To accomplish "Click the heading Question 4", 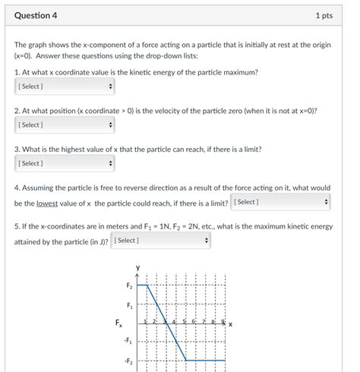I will point(36,15).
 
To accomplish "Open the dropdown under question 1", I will point(65,87).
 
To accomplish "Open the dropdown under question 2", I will point(65,125).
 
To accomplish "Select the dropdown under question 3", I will point(65,163).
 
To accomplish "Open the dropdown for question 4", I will point(281,202).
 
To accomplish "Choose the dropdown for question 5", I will point(160,241).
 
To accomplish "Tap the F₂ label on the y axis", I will point(129,286).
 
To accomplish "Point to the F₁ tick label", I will point(129,305).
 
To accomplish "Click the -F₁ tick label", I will point(128,342).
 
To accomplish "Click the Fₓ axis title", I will point(118,323).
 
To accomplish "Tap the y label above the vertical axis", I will point(137,267).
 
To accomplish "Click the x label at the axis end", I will point(230,324).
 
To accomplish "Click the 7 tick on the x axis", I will point(204,322).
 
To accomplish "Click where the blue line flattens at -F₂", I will point(186,360).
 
